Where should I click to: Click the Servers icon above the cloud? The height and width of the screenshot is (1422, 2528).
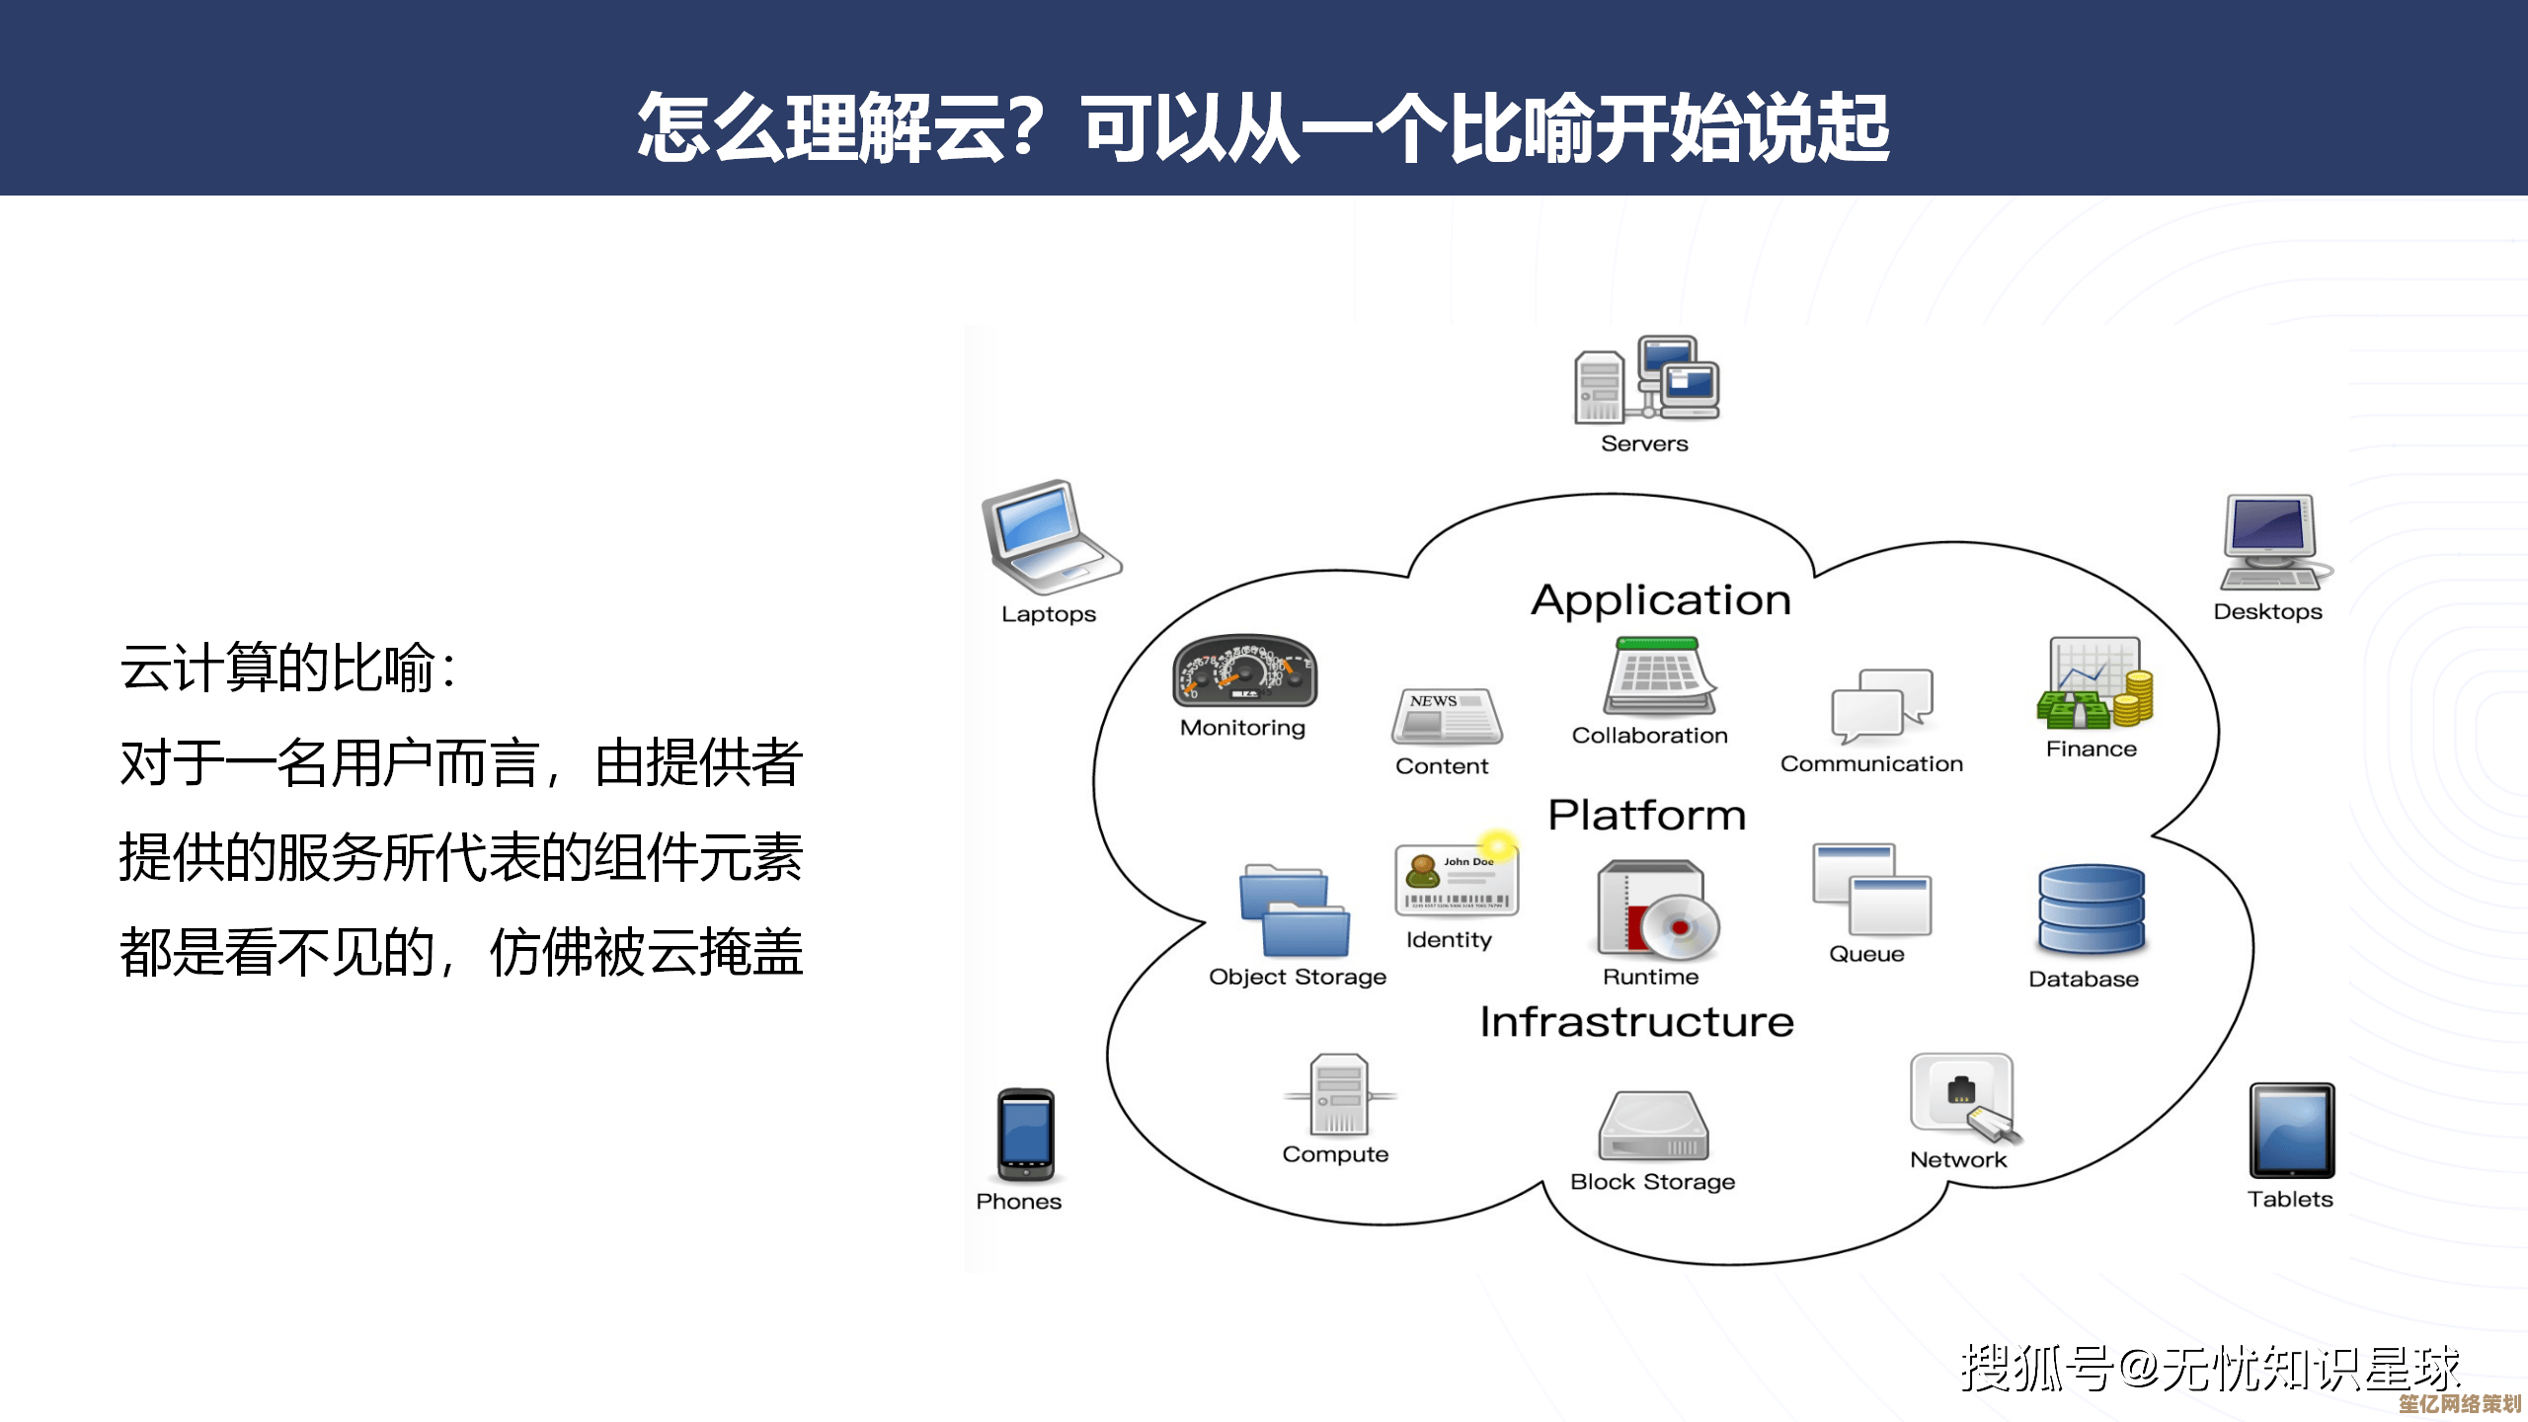coord(1646,380)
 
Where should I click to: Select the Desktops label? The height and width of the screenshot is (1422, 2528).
coord(2267,612)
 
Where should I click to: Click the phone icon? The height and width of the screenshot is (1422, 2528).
coord(1025,1136)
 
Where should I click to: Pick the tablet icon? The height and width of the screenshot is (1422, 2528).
coord(2292,1131)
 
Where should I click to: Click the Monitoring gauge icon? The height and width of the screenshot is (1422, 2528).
coord(1244,671)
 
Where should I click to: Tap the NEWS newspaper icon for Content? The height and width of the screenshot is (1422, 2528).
coord(1446,717)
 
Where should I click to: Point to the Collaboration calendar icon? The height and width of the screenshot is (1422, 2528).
coord(1659,676)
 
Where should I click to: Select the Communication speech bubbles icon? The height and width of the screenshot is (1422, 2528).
coord(1881,705)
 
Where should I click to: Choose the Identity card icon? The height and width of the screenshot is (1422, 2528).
coord(1457,879)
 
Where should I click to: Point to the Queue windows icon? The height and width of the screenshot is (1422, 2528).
coord(1871,889)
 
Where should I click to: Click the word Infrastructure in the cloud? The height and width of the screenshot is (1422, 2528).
coord(1636,1022)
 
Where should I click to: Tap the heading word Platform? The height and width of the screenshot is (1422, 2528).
coord(1646,816)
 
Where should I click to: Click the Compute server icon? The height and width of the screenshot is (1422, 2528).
coord(1339,1094)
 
